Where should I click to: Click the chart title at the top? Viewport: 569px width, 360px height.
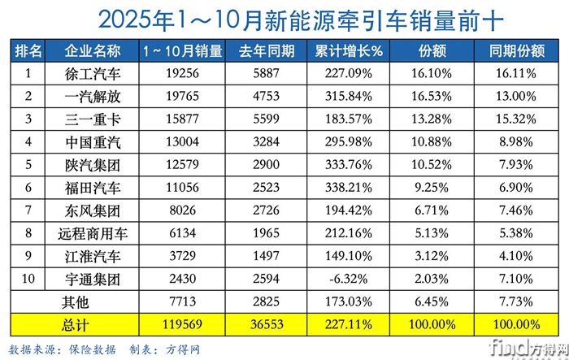point(284,18)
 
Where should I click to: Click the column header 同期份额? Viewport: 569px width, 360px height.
point(516,50)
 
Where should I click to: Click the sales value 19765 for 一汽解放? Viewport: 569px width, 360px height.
point(182,96)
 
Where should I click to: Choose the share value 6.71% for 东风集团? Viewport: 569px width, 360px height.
point(432,211)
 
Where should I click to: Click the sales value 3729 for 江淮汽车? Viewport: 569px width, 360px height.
point(182,258)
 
